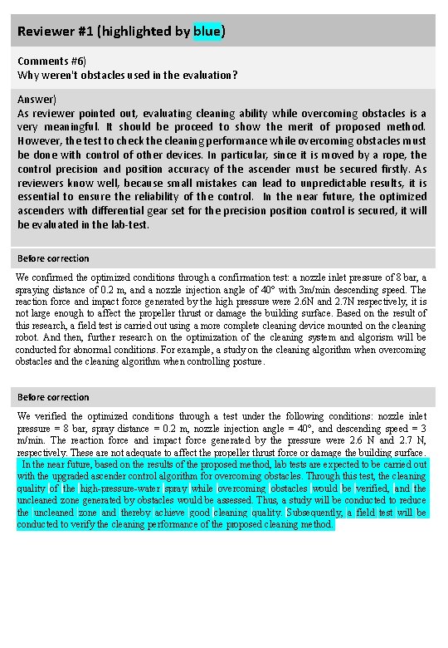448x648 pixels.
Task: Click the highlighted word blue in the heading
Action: [207, 32]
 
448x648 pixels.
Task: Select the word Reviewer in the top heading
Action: [45, 32]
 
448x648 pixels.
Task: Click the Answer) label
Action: [37, 98]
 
